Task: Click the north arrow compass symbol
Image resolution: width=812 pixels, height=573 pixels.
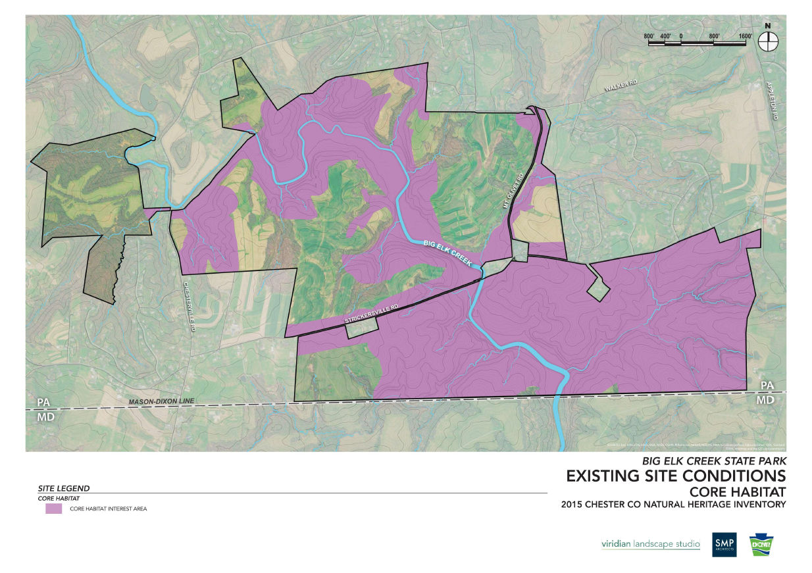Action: point(767,41)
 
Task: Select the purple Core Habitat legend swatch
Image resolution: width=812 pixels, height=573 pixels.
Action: point(53,509)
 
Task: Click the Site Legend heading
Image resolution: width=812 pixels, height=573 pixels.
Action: point(64,489)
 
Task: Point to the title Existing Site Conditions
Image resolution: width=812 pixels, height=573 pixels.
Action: point(676,476)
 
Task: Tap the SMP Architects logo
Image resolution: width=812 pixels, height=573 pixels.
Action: point(724,544)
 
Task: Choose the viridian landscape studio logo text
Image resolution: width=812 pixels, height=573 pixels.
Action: point(650,544)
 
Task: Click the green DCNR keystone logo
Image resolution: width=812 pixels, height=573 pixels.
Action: point(761,544)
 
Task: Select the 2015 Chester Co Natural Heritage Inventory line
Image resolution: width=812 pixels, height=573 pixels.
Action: point(673,505)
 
